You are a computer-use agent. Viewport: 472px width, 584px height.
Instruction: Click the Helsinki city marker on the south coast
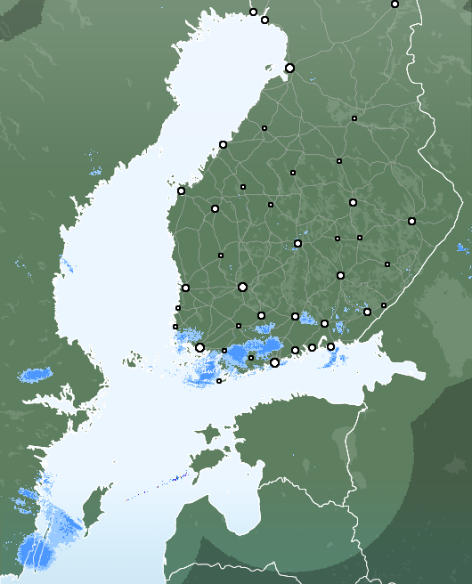pos(274,362)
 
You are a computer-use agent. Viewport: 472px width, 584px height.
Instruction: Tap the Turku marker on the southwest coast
pos(199,347)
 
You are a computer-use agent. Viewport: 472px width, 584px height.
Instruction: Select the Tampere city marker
pos(242,287)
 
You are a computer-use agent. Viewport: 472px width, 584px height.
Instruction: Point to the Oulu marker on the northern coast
pos(289,68)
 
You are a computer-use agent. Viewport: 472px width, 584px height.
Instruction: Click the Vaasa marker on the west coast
pos(181,191)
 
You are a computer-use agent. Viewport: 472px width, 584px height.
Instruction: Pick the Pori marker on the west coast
pos(185,288)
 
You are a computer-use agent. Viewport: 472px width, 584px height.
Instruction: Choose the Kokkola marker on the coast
pos(223,144)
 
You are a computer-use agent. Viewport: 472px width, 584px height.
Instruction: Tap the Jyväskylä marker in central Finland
pos(297,243)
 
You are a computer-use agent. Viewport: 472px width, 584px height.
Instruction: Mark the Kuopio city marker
pos(353,202)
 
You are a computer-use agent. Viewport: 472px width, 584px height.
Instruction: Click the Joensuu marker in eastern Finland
pos(411,221)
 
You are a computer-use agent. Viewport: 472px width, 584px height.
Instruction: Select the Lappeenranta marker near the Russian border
pos(367,312)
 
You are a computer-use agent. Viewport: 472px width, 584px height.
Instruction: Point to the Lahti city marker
pos(295,316)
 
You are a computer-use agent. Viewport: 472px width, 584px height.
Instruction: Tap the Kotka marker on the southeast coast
pos(330,346)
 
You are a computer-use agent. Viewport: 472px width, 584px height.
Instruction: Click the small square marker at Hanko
pos(219,381)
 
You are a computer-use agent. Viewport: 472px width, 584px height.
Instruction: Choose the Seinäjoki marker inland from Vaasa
pos(215,208)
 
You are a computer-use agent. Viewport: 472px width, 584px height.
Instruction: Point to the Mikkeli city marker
pos(340,275)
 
